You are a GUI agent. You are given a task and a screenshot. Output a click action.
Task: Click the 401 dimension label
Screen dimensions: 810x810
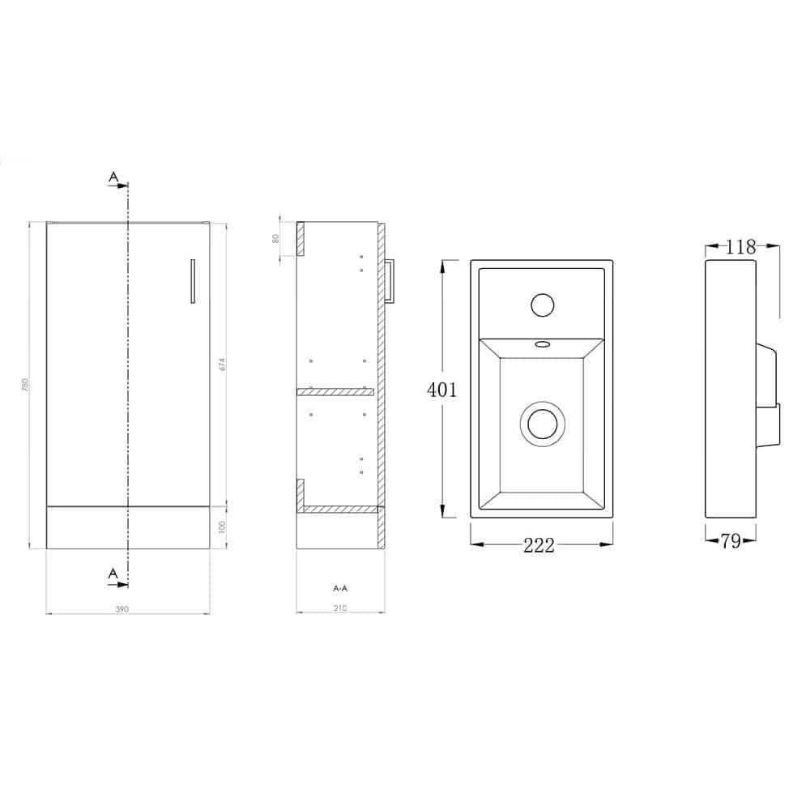point(442,390)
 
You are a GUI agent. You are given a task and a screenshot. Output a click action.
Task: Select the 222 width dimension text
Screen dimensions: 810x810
point(539,546)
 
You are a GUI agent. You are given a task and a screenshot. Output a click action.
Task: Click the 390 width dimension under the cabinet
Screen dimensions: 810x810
point(122,607)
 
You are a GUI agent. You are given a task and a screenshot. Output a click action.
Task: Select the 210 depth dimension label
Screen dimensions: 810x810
point(339,607)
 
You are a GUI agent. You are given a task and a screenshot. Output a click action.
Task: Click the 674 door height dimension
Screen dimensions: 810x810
point(221,364)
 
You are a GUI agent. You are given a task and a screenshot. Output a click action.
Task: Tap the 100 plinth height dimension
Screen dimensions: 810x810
point(221,527)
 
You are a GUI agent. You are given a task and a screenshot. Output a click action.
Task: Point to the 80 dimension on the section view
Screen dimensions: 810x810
point(276,238)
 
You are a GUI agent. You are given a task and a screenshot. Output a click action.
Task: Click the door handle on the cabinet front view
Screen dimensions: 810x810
point(192,281)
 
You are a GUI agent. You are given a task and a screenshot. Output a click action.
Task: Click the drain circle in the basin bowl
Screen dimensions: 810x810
point(539,423)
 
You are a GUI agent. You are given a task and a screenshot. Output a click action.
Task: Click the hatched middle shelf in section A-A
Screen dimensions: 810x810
point(335,392)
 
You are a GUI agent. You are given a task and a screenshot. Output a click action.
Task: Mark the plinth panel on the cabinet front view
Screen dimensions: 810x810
point(128,527)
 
